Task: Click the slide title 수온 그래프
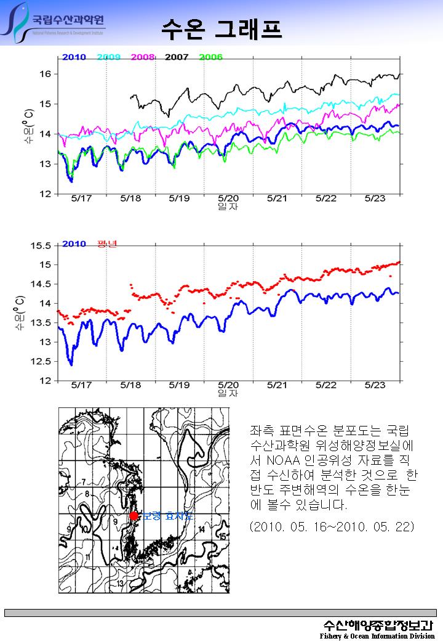tap(221, 28)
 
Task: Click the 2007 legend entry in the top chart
tap(177, 57)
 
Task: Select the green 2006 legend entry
tap(211, 57)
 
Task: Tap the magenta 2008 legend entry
tap(143, 57)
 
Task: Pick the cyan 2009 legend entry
tap(108, 57)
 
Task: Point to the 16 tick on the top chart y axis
tap(48, 74)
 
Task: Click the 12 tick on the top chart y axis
tap(48, 194)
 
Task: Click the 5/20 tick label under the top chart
tap(228, 198)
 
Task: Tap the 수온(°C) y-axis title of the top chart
tap(28, 126)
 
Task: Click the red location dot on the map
tap(134, 516)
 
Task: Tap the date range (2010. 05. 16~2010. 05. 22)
tap(332, 527)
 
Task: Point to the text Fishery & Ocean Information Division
tap(377, 635)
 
